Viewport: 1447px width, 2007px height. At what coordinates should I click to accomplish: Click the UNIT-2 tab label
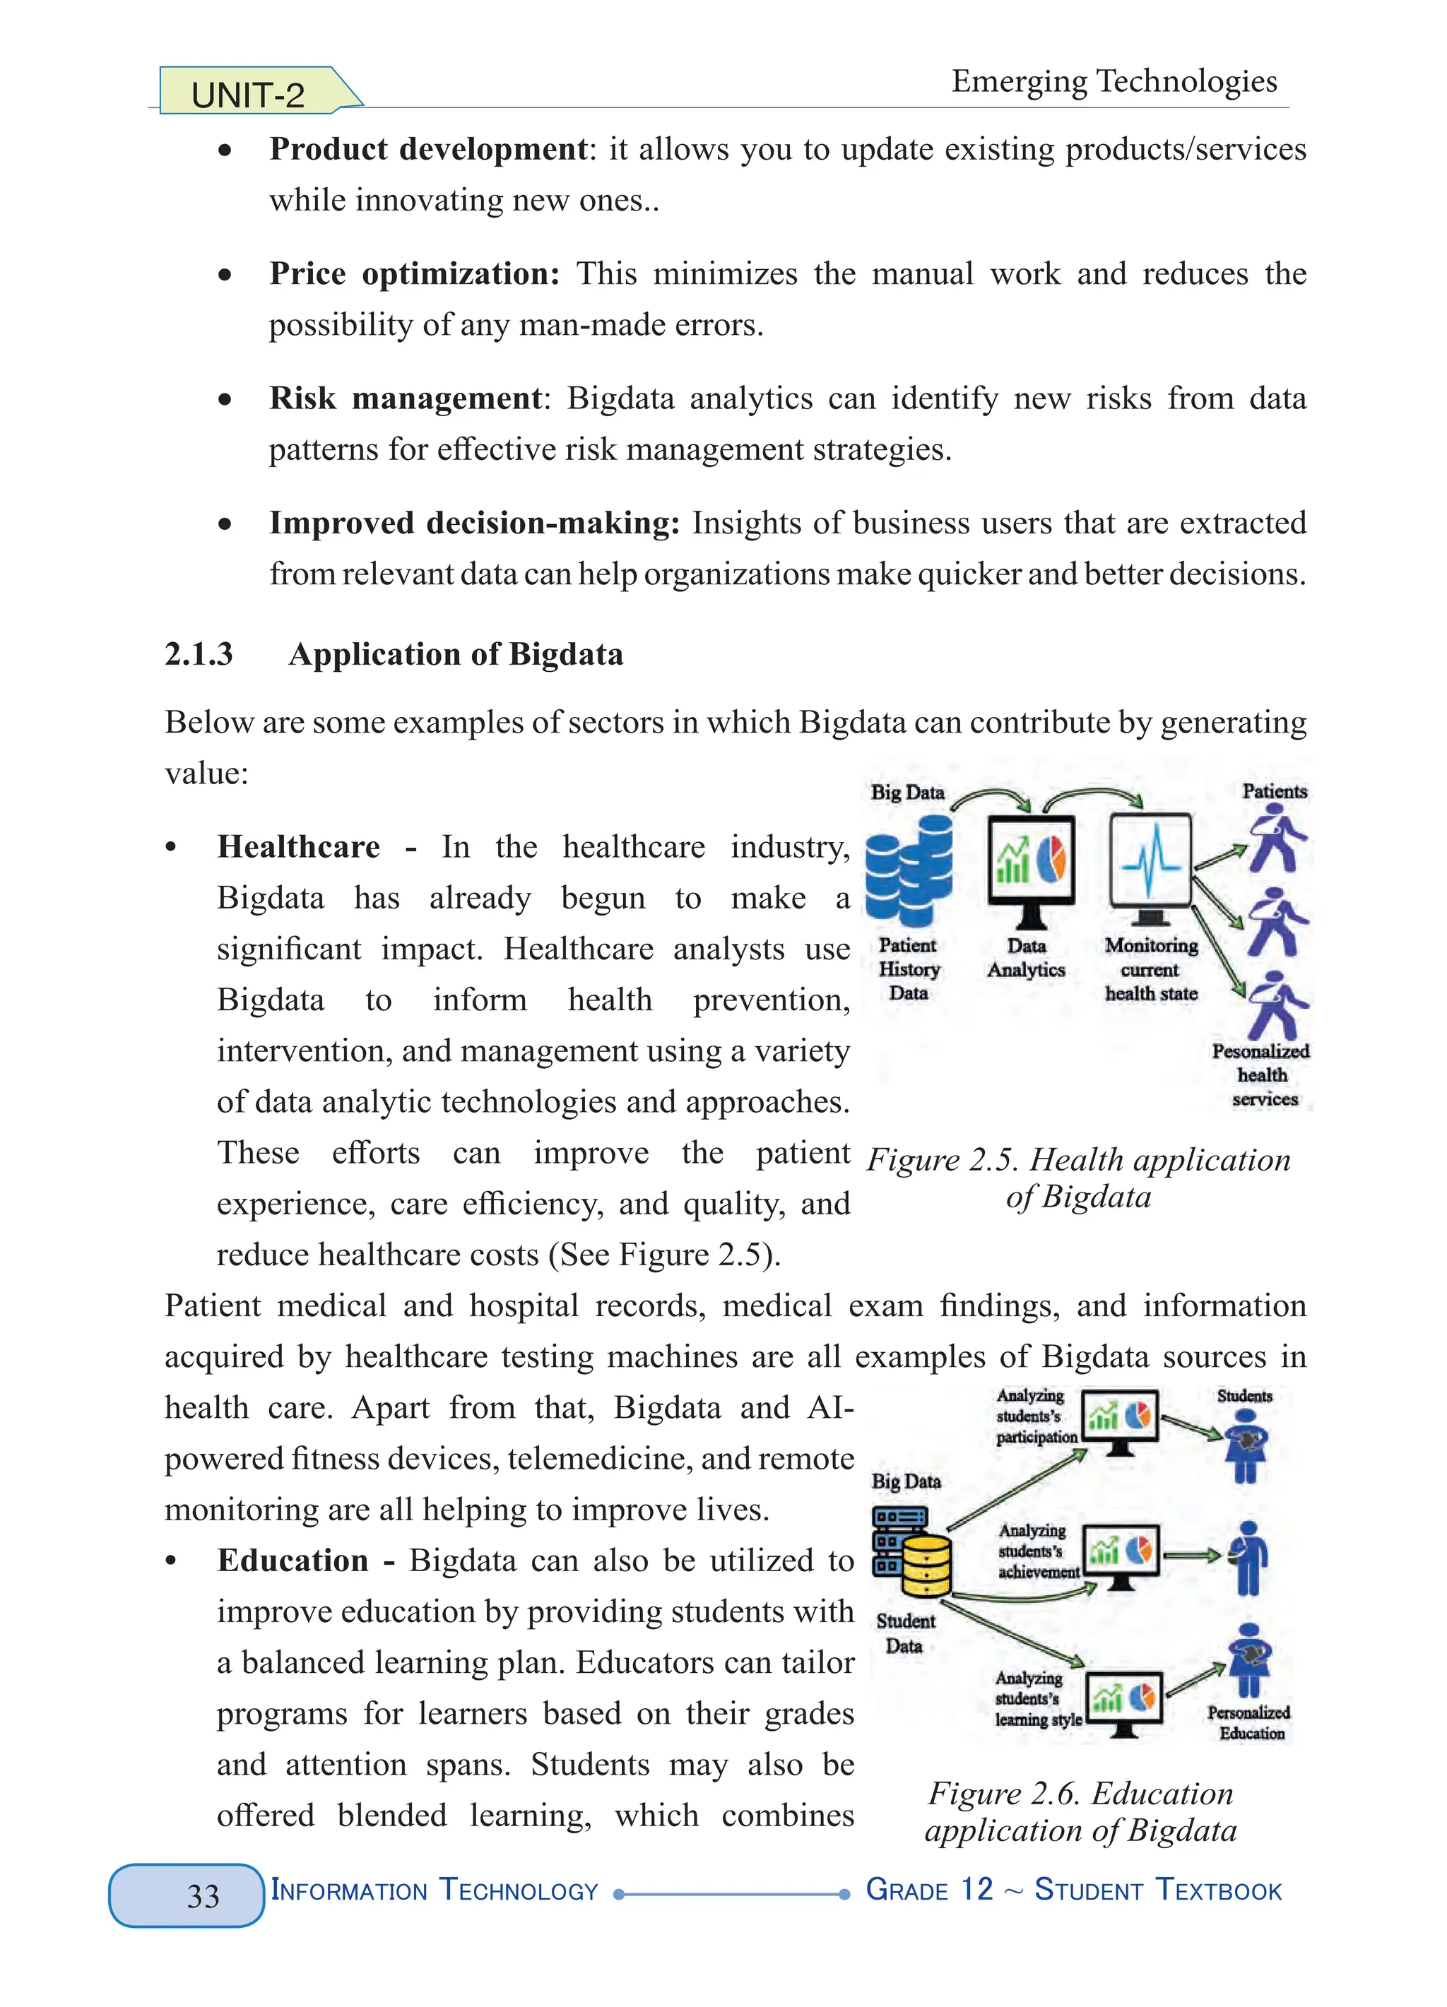click(x=248, y=95)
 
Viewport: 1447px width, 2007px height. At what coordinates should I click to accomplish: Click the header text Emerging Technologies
click(x=1114, y=81)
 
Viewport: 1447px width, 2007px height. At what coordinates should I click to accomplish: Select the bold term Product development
click(x=428, y=148)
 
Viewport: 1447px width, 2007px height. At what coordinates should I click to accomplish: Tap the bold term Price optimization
click(x=414, y=273)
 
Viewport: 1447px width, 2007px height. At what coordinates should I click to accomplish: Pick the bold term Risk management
click(x=406, y=398)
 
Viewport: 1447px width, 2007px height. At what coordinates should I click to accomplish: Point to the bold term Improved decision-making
click(x=474, y=523)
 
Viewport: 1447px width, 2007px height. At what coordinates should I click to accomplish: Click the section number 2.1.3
click(x=199, y=654)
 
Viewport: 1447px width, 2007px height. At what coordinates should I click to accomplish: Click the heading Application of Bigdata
click(x=456, y=654)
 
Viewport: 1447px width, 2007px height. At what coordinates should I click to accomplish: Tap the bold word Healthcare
click(x=299, y=847)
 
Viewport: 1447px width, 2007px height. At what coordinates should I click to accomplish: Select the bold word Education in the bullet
click(x=293, y=1560)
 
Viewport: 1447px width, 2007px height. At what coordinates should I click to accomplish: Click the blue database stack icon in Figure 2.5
click(x=908, y=870)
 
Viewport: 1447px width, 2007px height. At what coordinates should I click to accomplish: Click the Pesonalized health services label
click(x=1262, y=1074)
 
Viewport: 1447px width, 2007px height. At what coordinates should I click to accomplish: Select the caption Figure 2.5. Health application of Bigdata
click(x=1078, y=1178)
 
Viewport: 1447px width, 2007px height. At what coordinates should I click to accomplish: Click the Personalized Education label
click(x=1248, y=1723)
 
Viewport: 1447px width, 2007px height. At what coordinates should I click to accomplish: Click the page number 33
click(x=203, y=1895)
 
